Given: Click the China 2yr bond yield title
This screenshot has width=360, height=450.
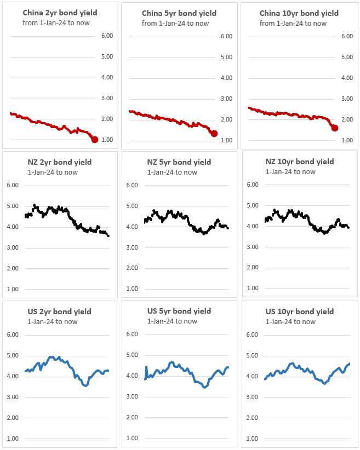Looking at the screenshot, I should pos(56,13).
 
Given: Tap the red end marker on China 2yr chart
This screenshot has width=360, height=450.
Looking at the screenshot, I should pos(95,140).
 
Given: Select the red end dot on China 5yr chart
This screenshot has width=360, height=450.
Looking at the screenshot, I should pos(214,134).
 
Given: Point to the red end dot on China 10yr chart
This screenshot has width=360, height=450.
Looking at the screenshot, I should pos(335,128).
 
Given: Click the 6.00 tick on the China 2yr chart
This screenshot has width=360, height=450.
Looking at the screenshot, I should pos(106,36).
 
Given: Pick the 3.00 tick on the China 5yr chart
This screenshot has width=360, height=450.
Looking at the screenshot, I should pos(226,99).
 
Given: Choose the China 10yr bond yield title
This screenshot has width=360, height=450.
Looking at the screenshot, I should pos(299,13).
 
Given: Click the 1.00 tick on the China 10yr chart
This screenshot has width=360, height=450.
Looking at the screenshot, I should pos(347,140).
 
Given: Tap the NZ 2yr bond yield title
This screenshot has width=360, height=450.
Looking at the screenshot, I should pos(60,162).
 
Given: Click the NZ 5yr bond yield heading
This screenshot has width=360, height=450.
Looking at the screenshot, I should pos(179,162).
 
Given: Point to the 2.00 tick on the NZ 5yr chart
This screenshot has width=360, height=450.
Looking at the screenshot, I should pos(132,268).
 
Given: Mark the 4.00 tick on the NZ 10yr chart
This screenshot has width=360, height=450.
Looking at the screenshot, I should pos(252,226).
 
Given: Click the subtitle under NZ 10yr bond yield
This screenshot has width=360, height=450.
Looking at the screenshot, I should pos(290,172).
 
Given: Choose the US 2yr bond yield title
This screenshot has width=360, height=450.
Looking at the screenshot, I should pos(59,311).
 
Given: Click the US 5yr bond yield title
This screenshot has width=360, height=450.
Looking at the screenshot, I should pos(179,311).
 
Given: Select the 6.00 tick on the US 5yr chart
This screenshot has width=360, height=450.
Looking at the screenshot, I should pos(132,334).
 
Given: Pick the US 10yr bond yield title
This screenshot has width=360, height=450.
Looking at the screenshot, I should pos(299,311).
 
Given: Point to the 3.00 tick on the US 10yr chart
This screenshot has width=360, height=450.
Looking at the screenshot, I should pos(252,397).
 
